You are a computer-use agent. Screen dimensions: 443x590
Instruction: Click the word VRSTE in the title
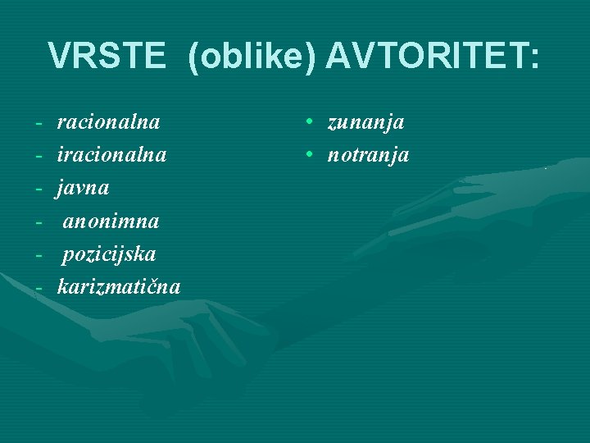pyautogui.click(x=108, y=57)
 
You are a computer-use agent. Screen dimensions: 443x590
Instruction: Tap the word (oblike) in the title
pyautogui.click(x=252, y=57)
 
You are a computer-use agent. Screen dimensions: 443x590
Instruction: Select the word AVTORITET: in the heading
pyautogui.click(x=433, y=57)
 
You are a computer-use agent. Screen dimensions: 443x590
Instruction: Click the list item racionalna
pyautogui.click(x=108, y=123)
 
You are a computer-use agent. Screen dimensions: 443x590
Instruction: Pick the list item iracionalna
pyautogui.click(x=111, y=155)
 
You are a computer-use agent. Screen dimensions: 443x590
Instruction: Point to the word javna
pyautogui.click(x=83, y=188)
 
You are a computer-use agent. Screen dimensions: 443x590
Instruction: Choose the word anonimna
pyautogui.click(x=111, y=221)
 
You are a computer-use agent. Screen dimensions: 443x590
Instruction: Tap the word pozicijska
pyautogui.click(x=109, y=253)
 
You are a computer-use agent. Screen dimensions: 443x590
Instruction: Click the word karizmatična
pyautogui.click(x=119, y=286)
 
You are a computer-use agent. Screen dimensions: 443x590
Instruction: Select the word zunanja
pyautogui.click(x=365, y=123)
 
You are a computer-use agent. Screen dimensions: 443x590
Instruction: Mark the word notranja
pyautogui.click(x=368, y=155)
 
